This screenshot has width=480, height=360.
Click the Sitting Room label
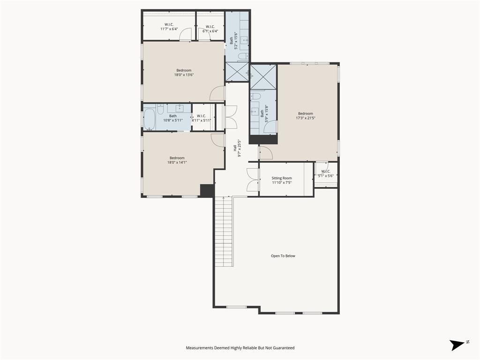coord(282,178)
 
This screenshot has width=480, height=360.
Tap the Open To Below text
coord(283,256)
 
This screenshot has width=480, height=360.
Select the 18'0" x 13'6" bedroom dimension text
coord(184,75)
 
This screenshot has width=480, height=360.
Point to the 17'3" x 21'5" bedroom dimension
coord(305,118)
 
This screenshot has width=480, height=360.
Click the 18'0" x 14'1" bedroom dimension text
coord(177,162)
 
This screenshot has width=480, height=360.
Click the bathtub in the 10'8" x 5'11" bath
coord(150,120)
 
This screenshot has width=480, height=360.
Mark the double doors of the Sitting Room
coord(253,180)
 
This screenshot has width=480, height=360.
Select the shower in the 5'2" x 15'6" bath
coord(237,72)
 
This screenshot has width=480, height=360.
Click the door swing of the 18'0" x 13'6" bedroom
coord(217,94)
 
